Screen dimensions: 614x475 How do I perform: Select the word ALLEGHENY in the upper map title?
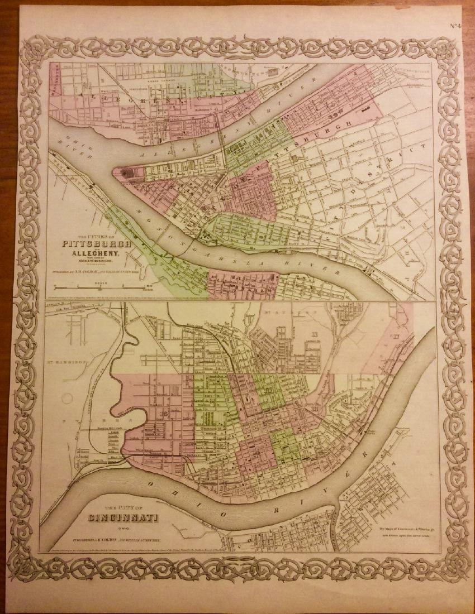coord(96,254)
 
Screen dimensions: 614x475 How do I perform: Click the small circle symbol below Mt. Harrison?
coord(66,400)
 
